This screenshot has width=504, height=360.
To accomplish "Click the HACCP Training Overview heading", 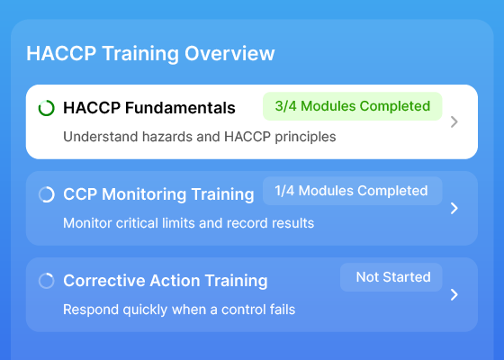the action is coord(150,53).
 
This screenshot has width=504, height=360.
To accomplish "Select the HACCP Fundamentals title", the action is coord(149,108).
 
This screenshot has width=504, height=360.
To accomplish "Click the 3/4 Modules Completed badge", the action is coord(352,106).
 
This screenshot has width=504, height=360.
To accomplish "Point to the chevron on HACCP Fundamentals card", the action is coord(454,121).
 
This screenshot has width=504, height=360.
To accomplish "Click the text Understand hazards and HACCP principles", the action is coord(199,137).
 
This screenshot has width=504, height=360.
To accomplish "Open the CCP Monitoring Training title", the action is coord(158,194).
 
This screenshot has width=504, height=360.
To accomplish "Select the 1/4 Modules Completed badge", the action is coord(352,191).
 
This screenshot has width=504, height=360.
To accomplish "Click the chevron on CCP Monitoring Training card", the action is coord(454,208).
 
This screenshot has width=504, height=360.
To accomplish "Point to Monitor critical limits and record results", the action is coord(188,223).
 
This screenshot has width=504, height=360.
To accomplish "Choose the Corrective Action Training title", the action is coord(166,281).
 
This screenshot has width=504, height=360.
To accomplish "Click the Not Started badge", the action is coord(391,277).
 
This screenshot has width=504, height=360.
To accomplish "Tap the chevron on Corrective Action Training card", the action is coord(454,295).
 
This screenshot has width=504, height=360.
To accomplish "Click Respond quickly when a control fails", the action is coord(179,310).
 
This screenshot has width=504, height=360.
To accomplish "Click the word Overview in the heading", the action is coord(229,53).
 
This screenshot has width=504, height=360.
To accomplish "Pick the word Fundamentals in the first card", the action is coord(180,108).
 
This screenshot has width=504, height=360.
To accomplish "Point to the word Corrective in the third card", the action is coord(103,281).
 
